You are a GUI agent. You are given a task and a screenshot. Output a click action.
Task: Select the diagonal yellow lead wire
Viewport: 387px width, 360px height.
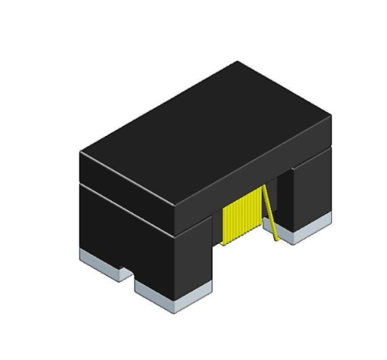[270, 213]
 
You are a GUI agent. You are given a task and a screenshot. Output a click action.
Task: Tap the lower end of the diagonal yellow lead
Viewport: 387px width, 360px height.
[277, 240]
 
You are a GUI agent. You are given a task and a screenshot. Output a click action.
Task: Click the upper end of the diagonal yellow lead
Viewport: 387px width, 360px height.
[264, 188]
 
